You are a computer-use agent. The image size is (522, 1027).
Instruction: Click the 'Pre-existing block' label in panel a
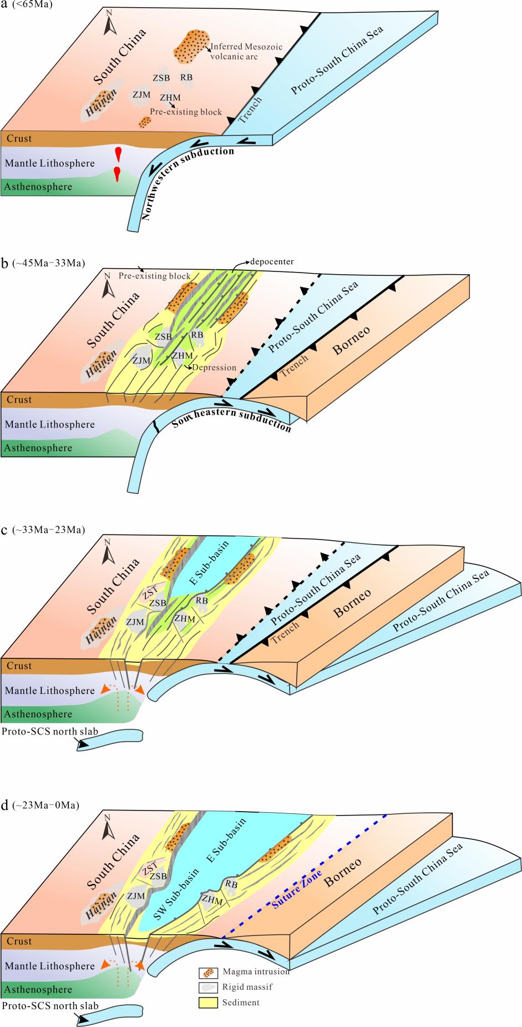pos(186,112)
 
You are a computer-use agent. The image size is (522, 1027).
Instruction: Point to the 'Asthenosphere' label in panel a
pos(38,187)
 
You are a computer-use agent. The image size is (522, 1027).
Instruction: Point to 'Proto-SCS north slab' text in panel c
pos(50,731)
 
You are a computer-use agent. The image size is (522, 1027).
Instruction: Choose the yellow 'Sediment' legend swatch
pos(206,1003)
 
